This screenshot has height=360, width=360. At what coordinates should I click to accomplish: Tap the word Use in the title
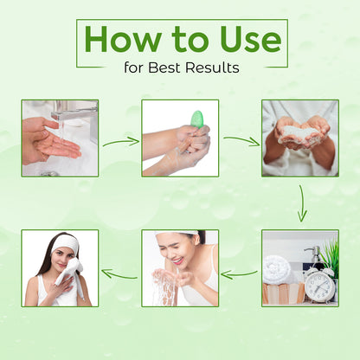click(250, 39)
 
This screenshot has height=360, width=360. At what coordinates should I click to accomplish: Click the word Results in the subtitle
click(212, 67)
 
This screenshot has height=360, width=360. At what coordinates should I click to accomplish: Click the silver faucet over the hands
click(75, 115)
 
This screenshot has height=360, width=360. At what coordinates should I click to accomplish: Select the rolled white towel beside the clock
click(277, 270)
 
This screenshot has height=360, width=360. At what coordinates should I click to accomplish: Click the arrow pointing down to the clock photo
click(302, 203)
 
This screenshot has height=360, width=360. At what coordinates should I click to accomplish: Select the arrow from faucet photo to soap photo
click(121, 142)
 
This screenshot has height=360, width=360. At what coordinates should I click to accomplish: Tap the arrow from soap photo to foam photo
click(241, 140)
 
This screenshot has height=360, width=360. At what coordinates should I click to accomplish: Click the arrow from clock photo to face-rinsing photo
click(240, 274)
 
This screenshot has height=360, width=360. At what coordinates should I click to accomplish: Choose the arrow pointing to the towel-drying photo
click(119, 274)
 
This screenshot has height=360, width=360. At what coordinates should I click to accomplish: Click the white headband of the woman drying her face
click(66, 244)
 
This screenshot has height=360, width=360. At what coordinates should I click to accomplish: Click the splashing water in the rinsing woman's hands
click(165, 286)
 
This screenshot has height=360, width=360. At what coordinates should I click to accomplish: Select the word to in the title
click(190, 41)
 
